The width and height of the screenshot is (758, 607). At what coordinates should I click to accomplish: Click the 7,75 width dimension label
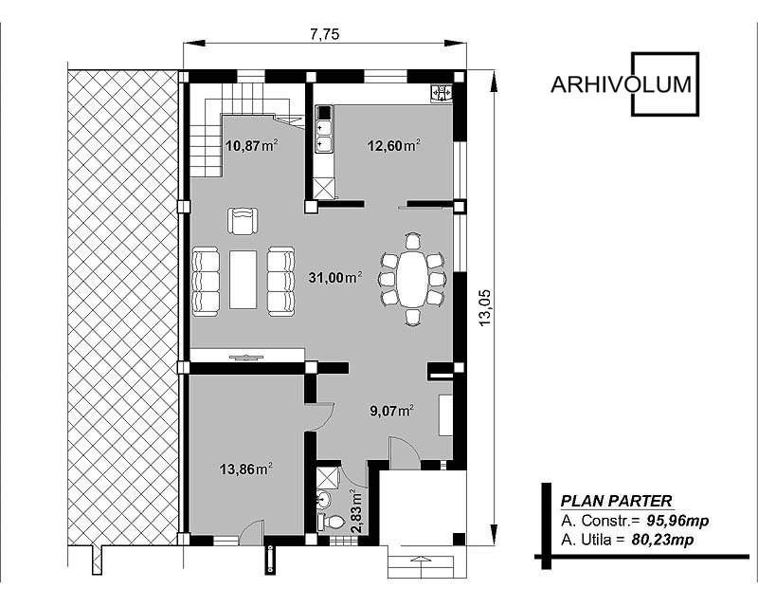coord(324,34)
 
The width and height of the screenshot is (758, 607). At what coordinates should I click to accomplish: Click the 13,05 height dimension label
coord(485,307)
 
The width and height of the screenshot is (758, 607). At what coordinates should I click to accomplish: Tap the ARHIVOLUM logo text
coord(622,84)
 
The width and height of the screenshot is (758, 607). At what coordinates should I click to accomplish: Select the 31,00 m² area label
coord(335,277)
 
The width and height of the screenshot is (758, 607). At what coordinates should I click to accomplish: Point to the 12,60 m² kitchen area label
coord(393,145)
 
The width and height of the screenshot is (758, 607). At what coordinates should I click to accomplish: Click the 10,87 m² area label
coord(252,145)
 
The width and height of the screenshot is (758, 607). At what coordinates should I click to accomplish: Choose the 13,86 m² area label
coord(245,469)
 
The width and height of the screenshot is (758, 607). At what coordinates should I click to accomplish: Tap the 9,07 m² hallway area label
coord(391,411)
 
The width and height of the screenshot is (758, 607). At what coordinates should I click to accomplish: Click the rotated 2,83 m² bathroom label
coord(356,510)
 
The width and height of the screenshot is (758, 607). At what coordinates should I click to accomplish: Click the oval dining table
coord(411,278)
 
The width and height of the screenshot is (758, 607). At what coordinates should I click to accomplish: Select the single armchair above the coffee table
coord(243,221)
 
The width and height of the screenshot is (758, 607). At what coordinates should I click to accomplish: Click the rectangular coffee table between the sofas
coord(244,279)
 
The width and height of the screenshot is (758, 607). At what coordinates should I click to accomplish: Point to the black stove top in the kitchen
coord(324,113)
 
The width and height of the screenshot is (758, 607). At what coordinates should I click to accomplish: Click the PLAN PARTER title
coord(616,501)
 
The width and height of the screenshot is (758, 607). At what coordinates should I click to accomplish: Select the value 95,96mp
coord(677,521)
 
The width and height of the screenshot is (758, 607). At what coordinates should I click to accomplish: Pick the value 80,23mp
coord(662,540)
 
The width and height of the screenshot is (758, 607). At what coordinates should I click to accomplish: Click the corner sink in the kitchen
coord(441,92)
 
